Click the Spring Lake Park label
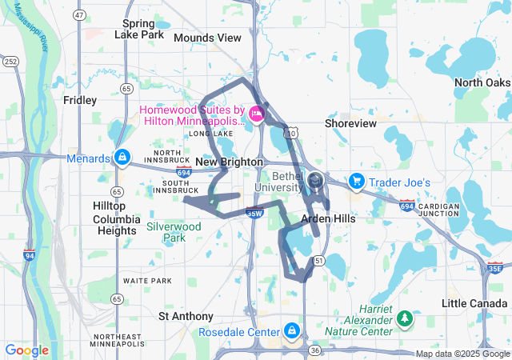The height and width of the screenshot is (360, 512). pos(140,29)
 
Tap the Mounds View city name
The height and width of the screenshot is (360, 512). pos(207,38)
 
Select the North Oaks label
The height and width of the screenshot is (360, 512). pos(482,83)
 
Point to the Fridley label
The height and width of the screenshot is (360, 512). pos(80,100)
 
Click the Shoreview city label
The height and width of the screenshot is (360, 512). pos(350,123)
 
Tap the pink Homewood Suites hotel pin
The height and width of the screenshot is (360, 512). pos(257,114)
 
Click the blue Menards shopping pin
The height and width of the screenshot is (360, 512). pos(122,157)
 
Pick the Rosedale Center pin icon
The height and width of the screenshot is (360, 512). pos(291,330)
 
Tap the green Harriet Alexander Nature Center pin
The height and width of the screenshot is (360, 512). pos(405,319)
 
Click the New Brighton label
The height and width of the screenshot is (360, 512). pos(229,162)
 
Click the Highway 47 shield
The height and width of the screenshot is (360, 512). pos(78,15)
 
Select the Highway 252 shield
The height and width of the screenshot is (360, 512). pos(11,61)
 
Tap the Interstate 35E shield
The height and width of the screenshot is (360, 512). pos(495,269)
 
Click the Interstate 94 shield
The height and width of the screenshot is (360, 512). pos(30,256)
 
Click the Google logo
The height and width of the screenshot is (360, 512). pos(26,350)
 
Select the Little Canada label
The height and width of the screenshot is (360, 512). pos(475,303)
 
